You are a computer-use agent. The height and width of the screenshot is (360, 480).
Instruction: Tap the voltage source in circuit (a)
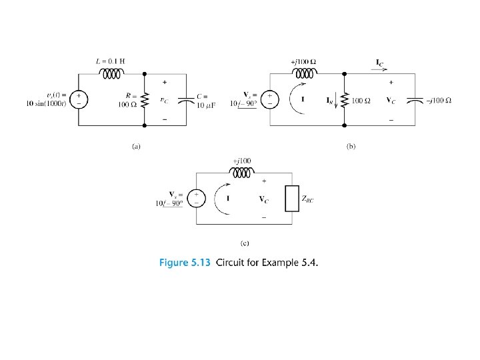click(79, 101)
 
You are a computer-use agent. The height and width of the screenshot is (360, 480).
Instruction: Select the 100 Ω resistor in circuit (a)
click(143, 101)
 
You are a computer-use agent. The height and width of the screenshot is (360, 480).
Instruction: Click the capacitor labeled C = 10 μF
click(181, 100)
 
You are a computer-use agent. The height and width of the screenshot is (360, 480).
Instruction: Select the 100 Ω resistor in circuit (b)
click(344, 101)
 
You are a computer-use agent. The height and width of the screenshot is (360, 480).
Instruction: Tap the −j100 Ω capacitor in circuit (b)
click(416, 101)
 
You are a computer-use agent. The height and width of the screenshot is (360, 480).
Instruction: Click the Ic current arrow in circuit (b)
click(378, 65)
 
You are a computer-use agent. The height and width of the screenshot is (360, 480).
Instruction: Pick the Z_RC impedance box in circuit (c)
click(290, 198)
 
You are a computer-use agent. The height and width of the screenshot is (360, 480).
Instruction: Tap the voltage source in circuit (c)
click(197, 199)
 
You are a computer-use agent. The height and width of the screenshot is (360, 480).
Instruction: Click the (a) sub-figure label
click(135, 145)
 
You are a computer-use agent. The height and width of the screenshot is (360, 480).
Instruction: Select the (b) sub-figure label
click(351, 145)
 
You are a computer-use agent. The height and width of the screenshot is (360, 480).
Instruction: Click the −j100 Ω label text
click(439, 101)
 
